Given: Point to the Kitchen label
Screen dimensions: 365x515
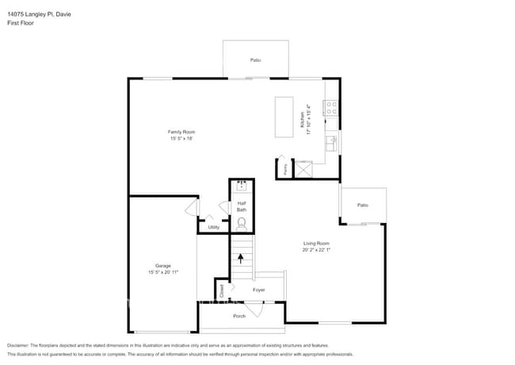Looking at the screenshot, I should tap(304, 120).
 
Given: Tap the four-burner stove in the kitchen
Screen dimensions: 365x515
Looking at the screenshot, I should tap(331, 108).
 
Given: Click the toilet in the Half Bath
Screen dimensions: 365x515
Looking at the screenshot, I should tap(242, 224).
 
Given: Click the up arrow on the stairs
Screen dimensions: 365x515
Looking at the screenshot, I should tap(241, 259).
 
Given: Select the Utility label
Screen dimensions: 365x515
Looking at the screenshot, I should tap(214, 228).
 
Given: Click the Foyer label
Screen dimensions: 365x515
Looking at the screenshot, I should tap(259, 290).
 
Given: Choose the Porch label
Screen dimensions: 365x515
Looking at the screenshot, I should tap(239, 316).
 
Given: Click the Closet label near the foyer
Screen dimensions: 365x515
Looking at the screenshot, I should tap(222, 290).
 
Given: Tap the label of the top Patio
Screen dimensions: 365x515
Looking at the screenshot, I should tap(256, 60).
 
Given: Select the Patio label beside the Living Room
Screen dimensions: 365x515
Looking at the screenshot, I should tap(363, 206).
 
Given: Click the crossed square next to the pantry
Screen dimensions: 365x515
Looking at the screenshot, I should tap(303, 168).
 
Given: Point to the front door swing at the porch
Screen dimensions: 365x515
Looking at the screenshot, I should tap(253, 311).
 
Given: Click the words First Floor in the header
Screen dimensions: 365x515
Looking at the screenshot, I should tap(21, 23).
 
